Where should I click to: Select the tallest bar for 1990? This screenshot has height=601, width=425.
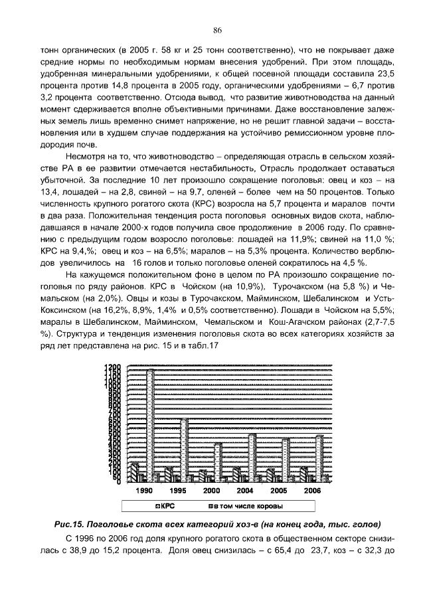tap(151, 425)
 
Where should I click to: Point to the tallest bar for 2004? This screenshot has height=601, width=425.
tap(252, 458)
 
